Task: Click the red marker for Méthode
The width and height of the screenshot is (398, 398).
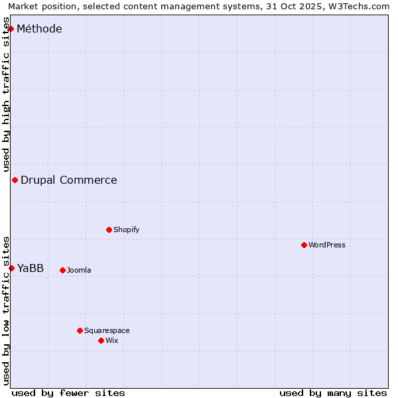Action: click(11, 29)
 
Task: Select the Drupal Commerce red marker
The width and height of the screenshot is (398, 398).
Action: click(15, 180)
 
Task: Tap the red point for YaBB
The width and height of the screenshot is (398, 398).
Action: click(11, 268)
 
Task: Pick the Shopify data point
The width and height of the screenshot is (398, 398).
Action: click(109, 230)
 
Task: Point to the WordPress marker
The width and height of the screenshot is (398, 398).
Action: click(304, 245)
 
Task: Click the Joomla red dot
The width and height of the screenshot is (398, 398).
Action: click(62, 270)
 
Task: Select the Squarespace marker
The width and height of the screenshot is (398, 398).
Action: click(80, 330)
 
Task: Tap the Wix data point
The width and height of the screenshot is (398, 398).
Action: click(101, 340)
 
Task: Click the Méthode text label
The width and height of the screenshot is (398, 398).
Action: click(39, 29)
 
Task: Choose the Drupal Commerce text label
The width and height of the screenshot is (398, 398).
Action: click(69, 180)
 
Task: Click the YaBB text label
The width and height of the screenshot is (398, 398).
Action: click(31, 268)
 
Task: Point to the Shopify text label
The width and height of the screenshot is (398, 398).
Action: click(126, 230)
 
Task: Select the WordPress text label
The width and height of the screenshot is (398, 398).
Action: click(327, 245)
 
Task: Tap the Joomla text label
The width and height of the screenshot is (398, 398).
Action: click(79, 270)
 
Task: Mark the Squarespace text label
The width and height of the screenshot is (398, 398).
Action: click(107, 330)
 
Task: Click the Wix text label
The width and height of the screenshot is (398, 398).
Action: click(111, 340)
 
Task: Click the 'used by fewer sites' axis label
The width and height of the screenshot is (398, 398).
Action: click(68, 393)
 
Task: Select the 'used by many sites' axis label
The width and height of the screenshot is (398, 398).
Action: click(333, 393)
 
